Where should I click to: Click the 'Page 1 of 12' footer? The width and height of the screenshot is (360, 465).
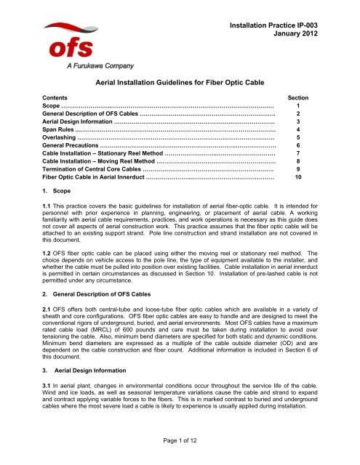pyautogui.click(x=180, y=453)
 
